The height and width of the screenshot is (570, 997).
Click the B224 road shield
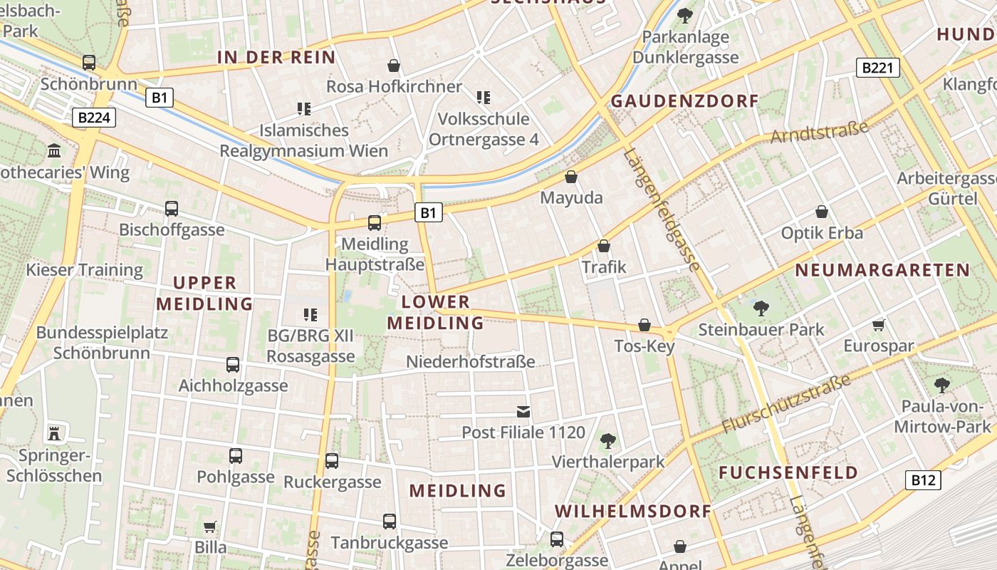93,118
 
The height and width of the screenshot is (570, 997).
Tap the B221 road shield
877,68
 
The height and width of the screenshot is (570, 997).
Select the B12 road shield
923,480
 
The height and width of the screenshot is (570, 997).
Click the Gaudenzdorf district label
685,100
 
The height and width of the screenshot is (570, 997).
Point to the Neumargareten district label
882,270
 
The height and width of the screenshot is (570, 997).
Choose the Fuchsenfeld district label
788,472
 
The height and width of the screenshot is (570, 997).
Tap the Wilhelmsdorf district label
633,511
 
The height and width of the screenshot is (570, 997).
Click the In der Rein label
276,58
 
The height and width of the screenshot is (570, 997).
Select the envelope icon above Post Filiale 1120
523,411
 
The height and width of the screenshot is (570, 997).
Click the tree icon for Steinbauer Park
761,309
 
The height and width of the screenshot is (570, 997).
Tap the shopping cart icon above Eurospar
878,326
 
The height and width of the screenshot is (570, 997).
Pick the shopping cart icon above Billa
210,527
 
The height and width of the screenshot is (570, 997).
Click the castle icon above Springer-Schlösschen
54,432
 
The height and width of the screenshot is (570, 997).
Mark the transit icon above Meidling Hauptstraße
375,223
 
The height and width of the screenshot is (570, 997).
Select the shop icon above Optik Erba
822,212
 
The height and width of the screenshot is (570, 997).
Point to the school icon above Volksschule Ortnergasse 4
484,98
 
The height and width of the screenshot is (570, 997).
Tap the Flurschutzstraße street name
786,403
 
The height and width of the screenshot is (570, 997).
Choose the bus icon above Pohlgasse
236,456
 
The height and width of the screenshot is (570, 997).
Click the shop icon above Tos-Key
644,325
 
